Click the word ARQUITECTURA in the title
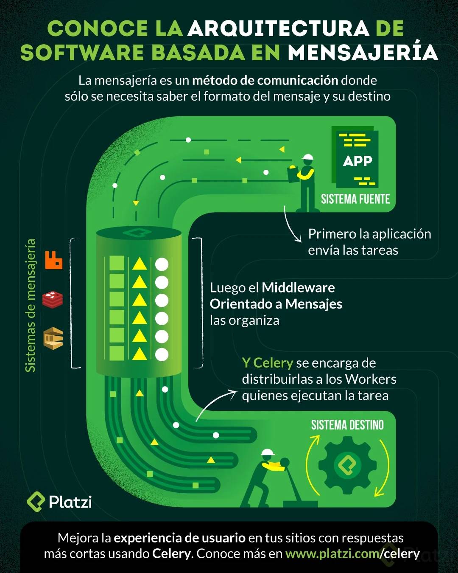(x=279, y=28)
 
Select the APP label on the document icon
(x=357, y=161)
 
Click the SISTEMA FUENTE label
(x=355, y=199)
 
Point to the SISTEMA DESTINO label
(x=347, y=425)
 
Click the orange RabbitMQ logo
(x=54, y=260)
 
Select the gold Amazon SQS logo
(x=53, y=338)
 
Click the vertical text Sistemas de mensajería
(x=31, y=305)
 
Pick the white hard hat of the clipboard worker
(x=307, y=157)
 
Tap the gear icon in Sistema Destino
(x=347, y=465)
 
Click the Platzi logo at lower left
(x=59, y=501)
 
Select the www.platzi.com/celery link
(x=352, y=553)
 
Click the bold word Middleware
(x=298, y=288)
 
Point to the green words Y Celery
(x=268, y=363)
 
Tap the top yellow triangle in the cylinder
(x=140, y=264)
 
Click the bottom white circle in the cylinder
(x=162, y=354)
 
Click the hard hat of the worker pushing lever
(x=268, y=452)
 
